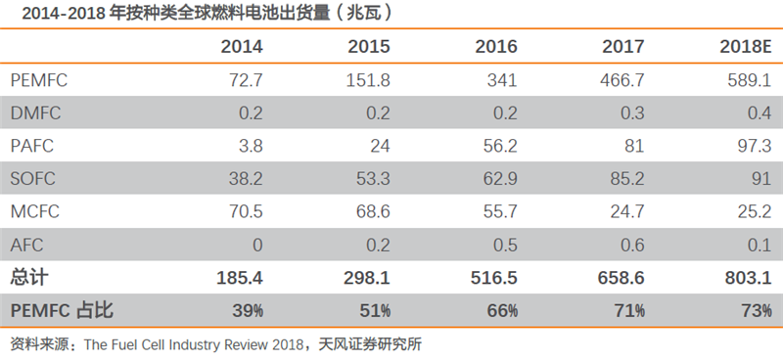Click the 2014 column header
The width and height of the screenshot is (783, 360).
pyautogui.click(x=242, y=46)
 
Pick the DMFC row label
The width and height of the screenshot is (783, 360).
pyautogui.click(x=35, y=112)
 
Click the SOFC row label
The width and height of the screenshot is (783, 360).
pyautogui.click(x=34, y=179)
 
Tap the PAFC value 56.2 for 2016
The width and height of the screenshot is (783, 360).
pyautogui.click(x=498, y=146)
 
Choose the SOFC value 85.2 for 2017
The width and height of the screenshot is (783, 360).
pyautogui.click(x=624, y=179)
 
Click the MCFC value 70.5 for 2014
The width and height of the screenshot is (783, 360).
pyautogui.click(x=244, y=211)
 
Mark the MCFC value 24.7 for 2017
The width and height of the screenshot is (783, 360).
pyautogui.click(x=624, y=211)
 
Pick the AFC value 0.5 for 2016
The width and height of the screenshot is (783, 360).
pyautogui.click(x=505, y=245)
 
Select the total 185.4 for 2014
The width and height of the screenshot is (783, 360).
pyautogui.click(x=240, y=279)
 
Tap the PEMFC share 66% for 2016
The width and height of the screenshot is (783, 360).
pyautogui.click(x=501, y=311)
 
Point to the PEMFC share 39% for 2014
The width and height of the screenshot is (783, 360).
pyautogui.click(x=247, y=311)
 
